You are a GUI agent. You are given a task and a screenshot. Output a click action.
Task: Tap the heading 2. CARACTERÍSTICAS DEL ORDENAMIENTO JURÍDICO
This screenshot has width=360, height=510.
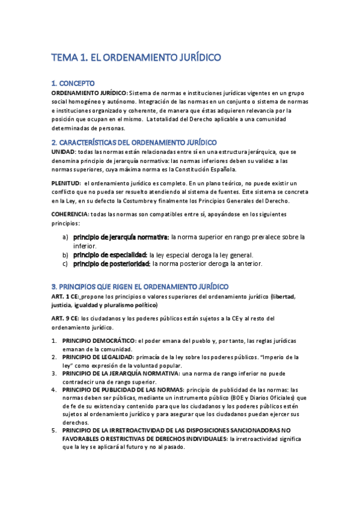pos(134,143)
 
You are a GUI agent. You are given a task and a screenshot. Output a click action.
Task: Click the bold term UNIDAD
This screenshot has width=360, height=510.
pos(63,152)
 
